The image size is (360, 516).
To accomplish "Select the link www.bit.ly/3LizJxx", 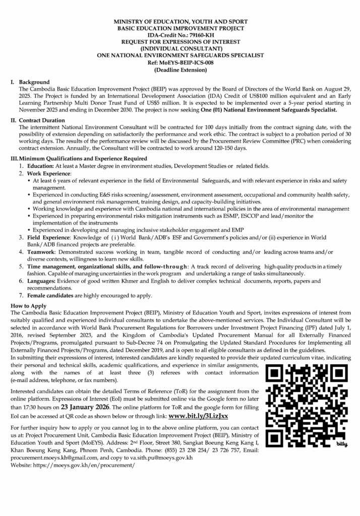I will coord(199,417).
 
